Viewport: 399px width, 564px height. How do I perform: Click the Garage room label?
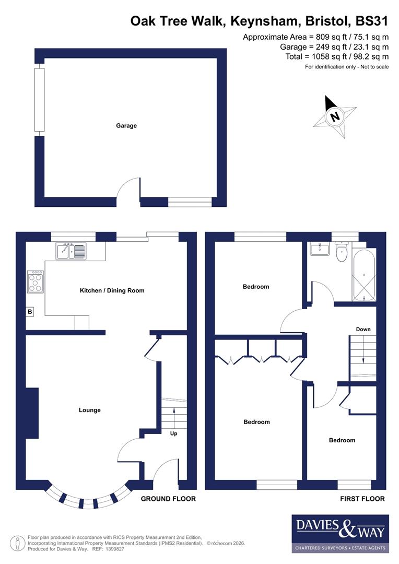126,126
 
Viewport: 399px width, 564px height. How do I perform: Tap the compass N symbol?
335,116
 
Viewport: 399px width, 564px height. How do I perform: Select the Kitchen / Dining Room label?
112,290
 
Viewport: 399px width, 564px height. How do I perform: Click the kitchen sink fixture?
71,251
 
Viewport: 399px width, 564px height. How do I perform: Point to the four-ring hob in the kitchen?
36,281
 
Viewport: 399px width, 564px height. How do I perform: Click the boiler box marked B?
30,312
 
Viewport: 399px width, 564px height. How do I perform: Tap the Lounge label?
90,410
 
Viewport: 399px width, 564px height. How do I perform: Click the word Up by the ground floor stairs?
173,433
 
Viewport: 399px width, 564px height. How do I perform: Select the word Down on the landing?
363,329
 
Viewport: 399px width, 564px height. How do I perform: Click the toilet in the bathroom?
343,253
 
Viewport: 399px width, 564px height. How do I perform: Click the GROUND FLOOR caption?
168,499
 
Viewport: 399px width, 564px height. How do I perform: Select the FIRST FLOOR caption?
362,499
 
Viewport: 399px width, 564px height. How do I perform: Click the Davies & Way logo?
340,533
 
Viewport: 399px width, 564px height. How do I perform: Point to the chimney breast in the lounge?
32,413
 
